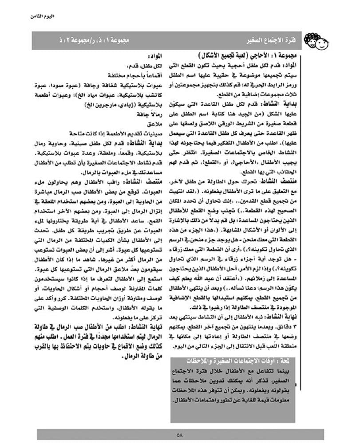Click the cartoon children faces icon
pos(317,43)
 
